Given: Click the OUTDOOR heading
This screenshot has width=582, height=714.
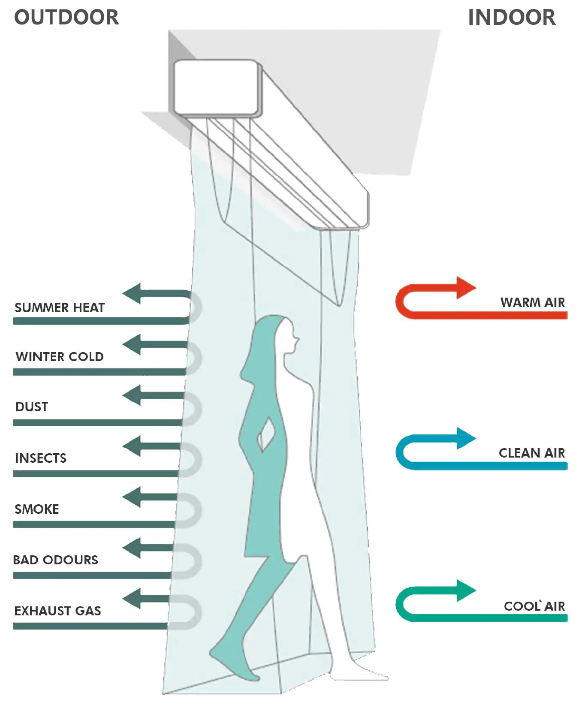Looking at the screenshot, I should click(66, 18).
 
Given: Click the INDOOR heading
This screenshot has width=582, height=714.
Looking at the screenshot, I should click(511, 18).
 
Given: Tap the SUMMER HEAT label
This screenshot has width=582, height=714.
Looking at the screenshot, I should click(60, 307).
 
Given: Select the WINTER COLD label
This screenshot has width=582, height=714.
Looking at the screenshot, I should click(60, 356).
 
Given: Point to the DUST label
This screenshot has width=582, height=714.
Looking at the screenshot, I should click(32, 407).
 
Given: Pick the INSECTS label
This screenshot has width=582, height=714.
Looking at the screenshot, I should click(41, 458).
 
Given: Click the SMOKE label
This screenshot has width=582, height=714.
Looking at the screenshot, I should click(37, 509).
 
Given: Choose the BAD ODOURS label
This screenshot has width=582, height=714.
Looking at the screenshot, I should click(56, 560).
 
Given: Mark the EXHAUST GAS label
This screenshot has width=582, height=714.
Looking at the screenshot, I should click(58, 611).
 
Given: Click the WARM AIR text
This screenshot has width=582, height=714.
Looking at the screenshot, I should click(532, 302).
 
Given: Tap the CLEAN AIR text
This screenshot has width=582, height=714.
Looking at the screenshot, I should click(531, 453).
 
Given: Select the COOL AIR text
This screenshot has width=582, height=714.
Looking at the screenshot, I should click(534, 606).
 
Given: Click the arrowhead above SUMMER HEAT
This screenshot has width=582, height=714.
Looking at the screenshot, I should click(133, 294).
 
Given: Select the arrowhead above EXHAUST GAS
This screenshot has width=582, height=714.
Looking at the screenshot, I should click(133, 599).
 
